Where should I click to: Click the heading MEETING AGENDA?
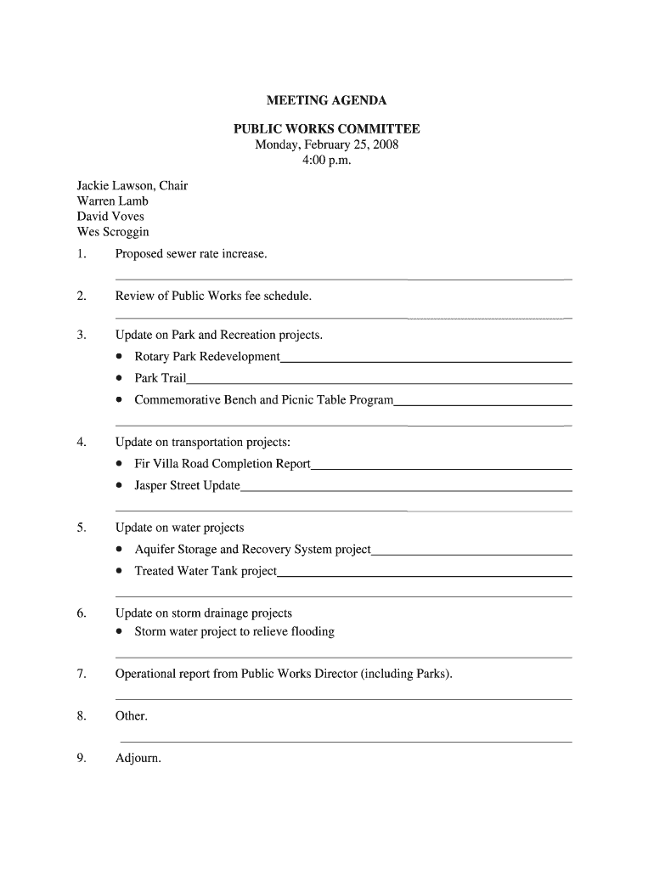(326, 101)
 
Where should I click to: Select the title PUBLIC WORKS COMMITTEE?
(326, 129)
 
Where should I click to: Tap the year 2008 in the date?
(383, 144)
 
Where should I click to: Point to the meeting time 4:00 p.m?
(326, 160)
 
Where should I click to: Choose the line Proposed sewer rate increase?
(191, 254)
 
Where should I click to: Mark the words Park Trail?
(160, 378)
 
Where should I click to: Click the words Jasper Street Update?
(187, 485)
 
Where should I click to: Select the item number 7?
(82, 675)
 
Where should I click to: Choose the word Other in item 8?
(131, 716)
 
